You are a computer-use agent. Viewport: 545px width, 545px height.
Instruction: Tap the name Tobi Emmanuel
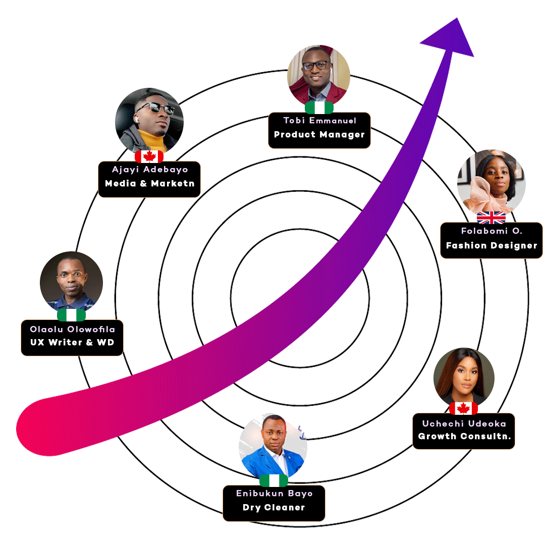319,121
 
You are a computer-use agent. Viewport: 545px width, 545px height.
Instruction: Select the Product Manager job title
319,135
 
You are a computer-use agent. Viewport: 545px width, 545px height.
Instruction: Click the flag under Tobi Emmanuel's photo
319,107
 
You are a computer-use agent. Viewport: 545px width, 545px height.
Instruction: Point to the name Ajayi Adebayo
150,170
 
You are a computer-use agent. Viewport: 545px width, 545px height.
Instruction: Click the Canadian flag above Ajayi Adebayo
149,156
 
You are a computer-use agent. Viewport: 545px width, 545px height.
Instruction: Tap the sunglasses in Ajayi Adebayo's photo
154,107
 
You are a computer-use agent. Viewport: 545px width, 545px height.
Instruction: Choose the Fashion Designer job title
492,246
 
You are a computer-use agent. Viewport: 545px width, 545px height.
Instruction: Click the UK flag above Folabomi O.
491,217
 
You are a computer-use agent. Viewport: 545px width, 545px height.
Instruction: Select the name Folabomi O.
492,231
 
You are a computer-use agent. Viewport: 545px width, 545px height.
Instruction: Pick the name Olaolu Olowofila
73,330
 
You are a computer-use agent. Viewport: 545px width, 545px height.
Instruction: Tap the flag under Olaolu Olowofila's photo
72,315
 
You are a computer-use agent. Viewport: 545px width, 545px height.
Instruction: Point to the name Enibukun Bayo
274,494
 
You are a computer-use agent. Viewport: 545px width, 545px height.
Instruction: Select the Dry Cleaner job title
274,508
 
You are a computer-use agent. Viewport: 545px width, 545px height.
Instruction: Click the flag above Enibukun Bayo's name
274,480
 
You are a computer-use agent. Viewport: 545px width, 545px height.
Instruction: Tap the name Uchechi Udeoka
464,423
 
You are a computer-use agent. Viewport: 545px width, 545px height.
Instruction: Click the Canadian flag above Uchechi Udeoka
463,408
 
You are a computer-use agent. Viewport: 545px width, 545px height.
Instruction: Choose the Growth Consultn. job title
464,437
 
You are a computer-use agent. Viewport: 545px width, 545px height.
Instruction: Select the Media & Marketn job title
150,184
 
